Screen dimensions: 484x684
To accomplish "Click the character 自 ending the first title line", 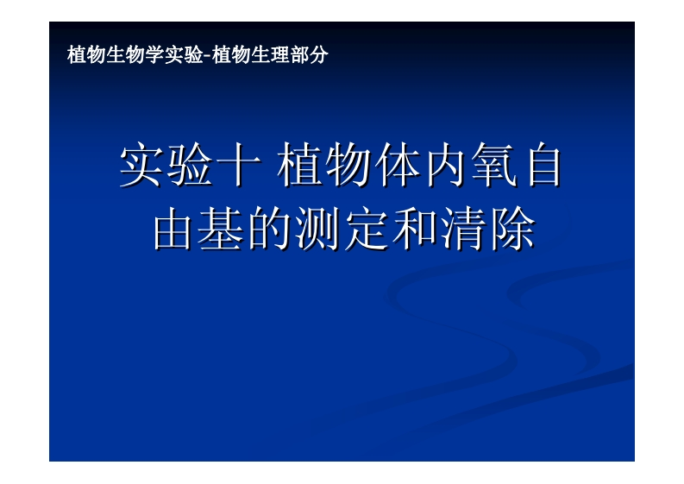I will point(543,167).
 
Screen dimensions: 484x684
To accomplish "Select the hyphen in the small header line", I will point(206,56).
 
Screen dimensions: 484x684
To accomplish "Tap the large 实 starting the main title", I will point(141,167).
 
